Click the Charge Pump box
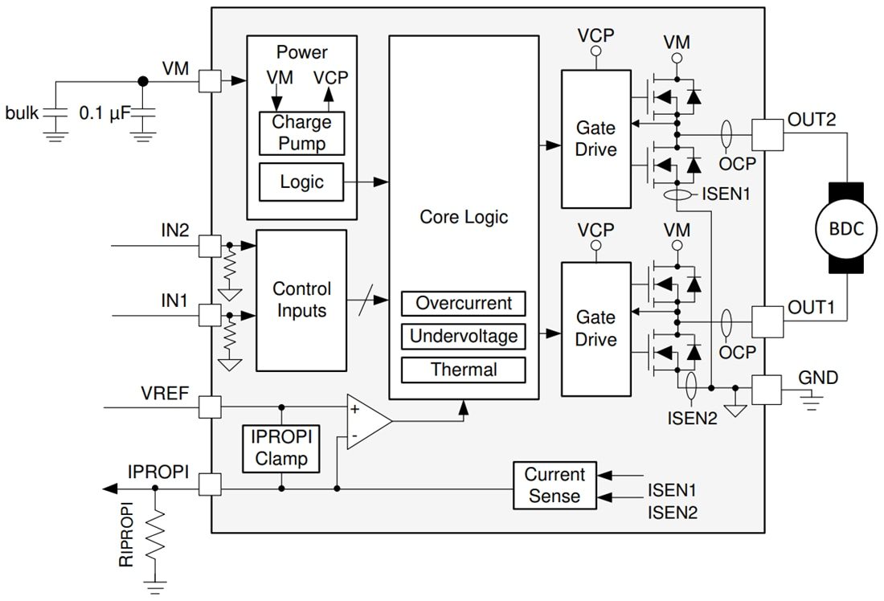pyautogui.click(x=301, y=133)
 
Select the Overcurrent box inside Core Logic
pyautogui.click(x=463, y=304)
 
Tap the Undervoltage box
pyautogui.click(x=463, y=336)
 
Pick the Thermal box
pyautogui.click(x=463, y=370)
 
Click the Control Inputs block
pyautogui.click(x=301, y=300)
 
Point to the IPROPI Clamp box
pyautogui.click(x=280, y=448)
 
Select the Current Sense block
pyautogui.click(x=555, y=485)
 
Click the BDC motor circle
pyautogui.click(x=845, y=227)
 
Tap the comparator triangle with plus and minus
pyautogui.click(x=366, y=421)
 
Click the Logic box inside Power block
pyautogui.click(x=301, y=182)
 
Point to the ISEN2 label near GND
pyautogui.click(x=690, y=418)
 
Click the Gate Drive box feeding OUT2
pyautogui.click(x=595, y=139)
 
